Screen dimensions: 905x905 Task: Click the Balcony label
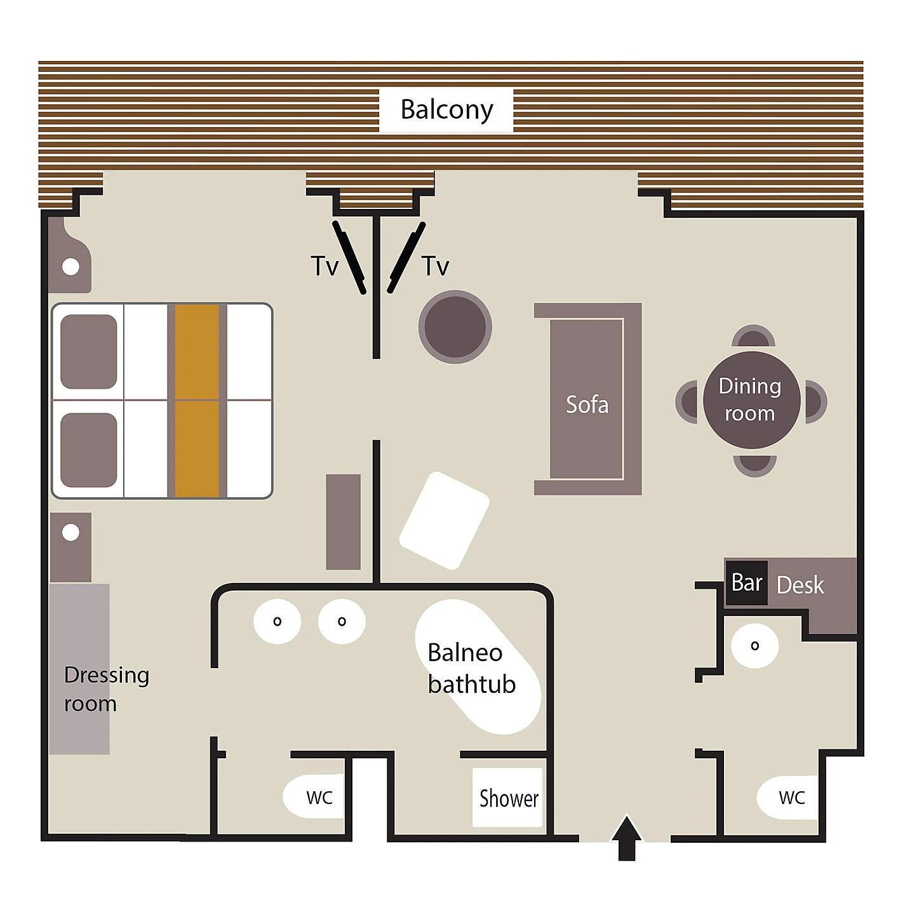(x=446, y=109)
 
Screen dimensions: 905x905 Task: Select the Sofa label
(x=587, y=405)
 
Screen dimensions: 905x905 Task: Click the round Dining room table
(x=751, y=399)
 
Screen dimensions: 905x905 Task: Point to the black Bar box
(x=747, y=582)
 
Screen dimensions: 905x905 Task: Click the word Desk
(x=800, y=585)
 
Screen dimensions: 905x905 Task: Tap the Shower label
(x=509, y=798)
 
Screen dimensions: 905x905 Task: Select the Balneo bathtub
(x=478, y=666)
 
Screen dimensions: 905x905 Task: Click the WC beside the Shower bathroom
(x=314, y=796)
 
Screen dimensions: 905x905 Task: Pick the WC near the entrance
(x=788, y=797)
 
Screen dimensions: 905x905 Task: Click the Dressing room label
(x=107, y=689)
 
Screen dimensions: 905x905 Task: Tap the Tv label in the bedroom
(x=324, y=266)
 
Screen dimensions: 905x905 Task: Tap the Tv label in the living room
(x=436, y=266)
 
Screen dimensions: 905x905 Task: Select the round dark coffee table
(x=455, y=326)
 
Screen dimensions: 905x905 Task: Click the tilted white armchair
(x=445, y=520)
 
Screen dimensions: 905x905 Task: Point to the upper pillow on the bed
(x=89, y=352)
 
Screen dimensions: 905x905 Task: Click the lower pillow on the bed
(x=89, y=450)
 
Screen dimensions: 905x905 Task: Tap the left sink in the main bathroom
(x=277, y=621)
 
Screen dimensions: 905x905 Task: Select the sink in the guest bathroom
(x=754, y=646)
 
